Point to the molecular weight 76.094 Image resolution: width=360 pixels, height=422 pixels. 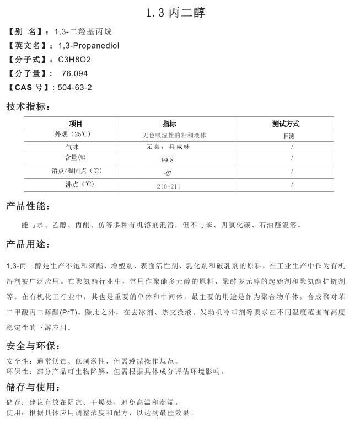pos(74,73)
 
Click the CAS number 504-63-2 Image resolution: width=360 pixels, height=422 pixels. pos(74,87)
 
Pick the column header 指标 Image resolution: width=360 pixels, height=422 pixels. pos(169,124)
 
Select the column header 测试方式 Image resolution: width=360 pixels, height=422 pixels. pos(286,124)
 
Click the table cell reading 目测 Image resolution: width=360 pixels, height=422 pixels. pos(289,135)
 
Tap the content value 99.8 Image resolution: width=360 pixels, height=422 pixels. pos(168,159)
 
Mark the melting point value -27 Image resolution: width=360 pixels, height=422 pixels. pos(168,173)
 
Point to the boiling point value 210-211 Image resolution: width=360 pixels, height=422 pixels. pos(168,186)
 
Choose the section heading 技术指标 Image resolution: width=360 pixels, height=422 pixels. pos(28,106)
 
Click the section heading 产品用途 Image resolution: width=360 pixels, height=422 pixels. pos(28,243)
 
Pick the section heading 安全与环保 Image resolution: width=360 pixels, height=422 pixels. pos(33,346)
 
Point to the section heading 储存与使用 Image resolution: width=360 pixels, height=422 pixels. pos(33,386)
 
